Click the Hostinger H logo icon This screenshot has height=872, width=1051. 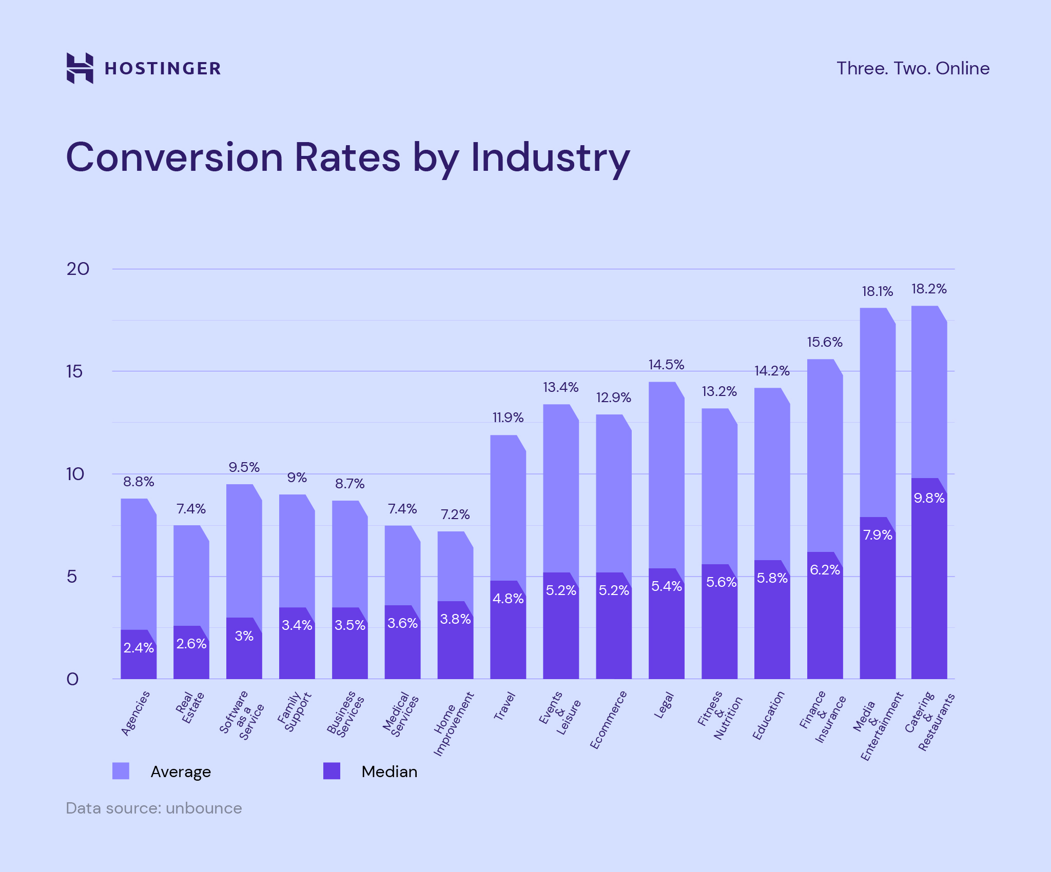(x=80, y=68)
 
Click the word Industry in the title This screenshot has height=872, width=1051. (x=550, y=157)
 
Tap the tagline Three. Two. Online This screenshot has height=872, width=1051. (x=912, y=68)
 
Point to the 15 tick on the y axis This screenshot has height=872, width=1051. (x=74, y=371)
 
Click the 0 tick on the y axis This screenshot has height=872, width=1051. (x=73, y=679)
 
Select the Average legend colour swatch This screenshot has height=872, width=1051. (x=121, y=771)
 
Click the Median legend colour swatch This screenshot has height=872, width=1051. (x=332, y=771)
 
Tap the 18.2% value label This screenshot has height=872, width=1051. (x=929, y=289)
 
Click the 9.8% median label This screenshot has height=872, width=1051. (x=929, y=498)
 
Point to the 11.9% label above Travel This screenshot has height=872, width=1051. (x=508, y=418)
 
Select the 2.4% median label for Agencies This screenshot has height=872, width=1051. (x=139, y=648)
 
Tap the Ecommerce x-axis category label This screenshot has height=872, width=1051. (x=608, y=720)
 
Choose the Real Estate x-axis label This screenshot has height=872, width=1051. (x=190, y=708)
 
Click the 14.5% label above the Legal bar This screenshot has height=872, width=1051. (x=666, y=365)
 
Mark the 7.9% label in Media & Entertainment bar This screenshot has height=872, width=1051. (x=878, y=535)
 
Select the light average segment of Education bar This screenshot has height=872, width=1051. (x=771, y=472)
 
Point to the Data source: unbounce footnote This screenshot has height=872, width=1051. (x=153, y=808)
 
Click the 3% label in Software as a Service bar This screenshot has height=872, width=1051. (x=244, y=636)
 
